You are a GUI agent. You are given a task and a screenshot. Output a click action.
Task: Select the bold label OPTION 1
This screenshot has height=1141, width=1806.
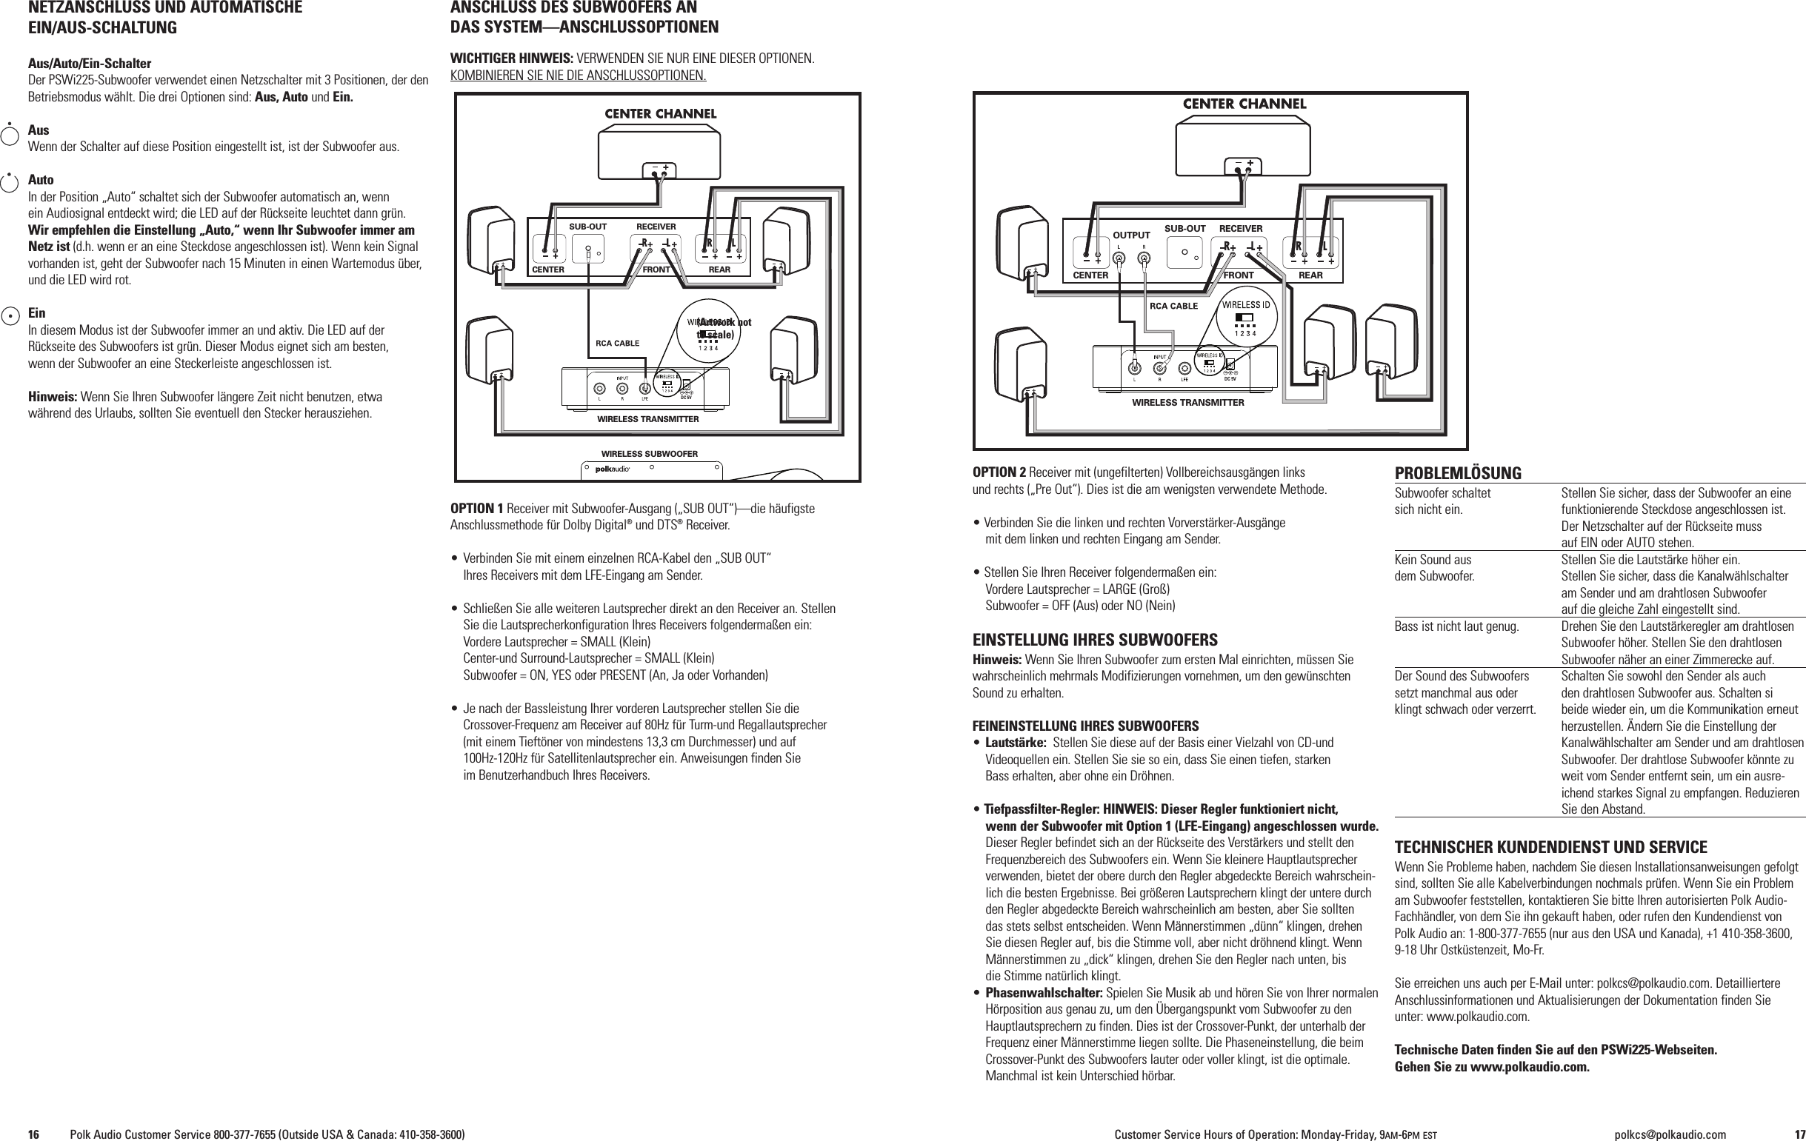[476, 509]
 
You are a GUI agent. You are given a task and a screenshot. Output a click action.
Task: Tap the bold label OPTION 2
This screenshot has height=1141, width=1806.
[999, 472]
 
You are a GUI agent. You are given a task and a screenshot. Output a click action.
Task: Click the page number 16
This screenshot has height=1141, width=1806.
[34, 1134]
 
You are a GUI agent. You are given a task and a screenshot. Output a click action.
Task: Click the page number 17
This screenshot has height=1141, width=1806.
[1793, 1134]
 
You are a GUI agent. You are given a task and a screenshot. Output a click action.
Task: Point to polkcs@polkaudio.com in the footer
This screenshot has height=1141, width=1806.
[1670, 1134]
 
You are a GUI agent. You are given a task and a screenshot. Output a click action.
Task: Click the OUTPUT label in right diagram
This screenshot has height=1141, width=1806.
[1131, 235]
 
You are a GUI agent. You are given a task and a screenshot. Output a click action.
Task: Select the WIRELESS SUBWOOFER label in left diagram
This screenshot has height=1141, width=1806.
[649, 455]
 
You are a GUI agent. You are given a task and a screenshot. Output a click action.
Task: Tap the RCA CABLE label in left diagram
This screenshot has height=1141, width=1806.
[617, 344]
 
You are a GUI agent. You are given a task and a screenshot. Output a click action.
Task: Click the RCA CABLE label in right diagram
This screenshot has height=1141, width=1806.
[1173, 306]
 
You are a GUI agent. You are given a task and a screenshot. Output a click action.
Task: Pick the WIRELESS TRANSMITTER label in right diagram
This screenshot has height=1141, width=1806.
[1187, 403]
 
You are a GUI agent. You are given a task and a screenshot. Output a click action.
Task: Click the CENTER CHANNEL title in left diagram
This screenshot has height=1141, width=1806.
[660, 114]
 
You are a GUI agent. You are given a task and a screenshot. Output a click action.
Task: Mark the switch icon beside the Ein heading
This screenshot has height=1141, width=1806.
[10, 316]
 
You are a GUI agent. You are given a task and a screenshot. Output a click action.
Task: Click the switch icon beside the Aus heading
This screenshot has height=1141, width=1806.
[10, 135]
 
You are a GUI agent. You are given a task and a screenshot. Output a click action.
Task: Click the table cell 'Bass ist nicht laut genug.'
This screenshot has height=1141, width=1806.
[1456, 626]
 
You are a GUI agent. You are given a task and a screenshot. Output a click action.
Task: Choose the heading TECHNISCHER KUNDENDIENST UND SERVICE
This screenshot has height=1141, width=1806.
[1550, 848]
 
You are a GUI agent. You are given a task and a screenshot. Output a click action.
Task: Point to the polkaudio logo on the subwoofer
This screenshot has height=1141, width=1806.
[612, 469]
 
